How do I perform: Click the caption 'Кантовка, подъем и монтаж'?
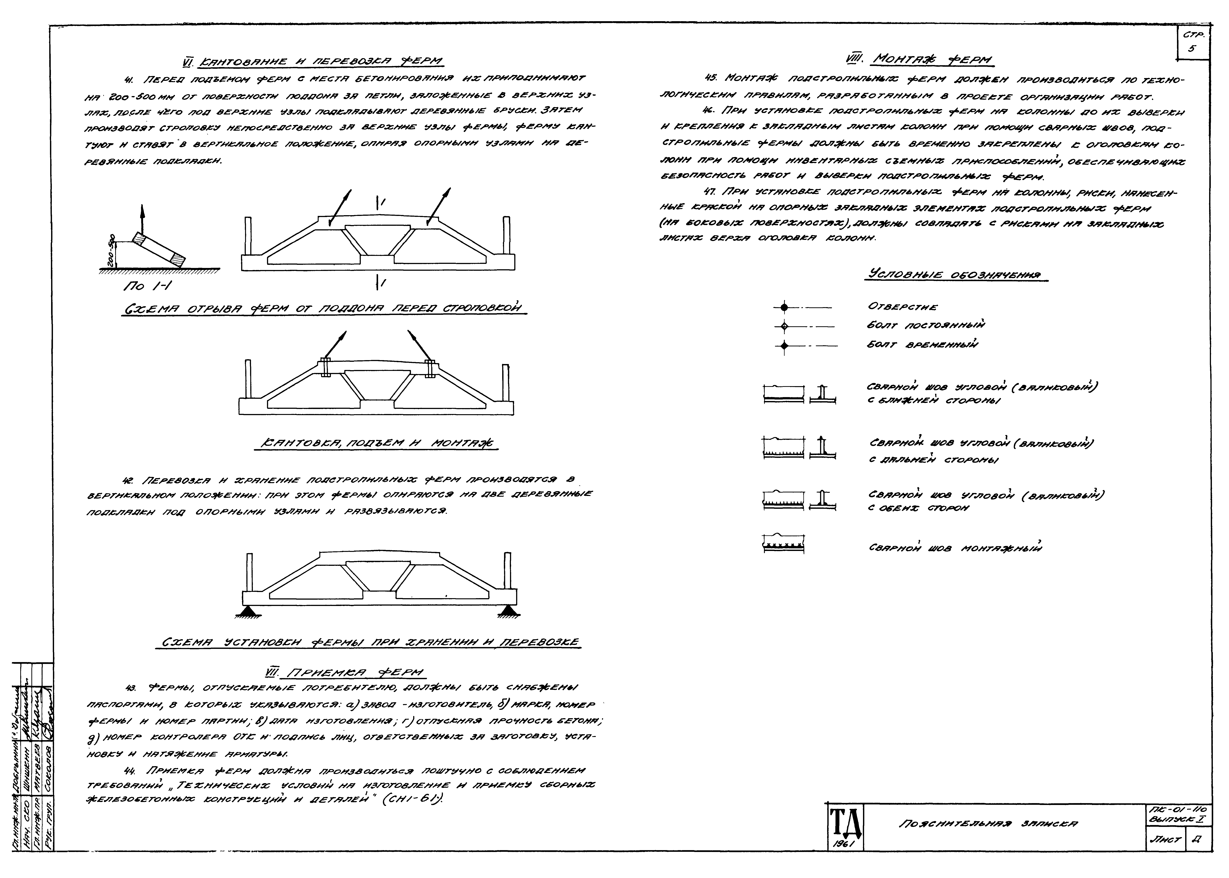tap(377, 443)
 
